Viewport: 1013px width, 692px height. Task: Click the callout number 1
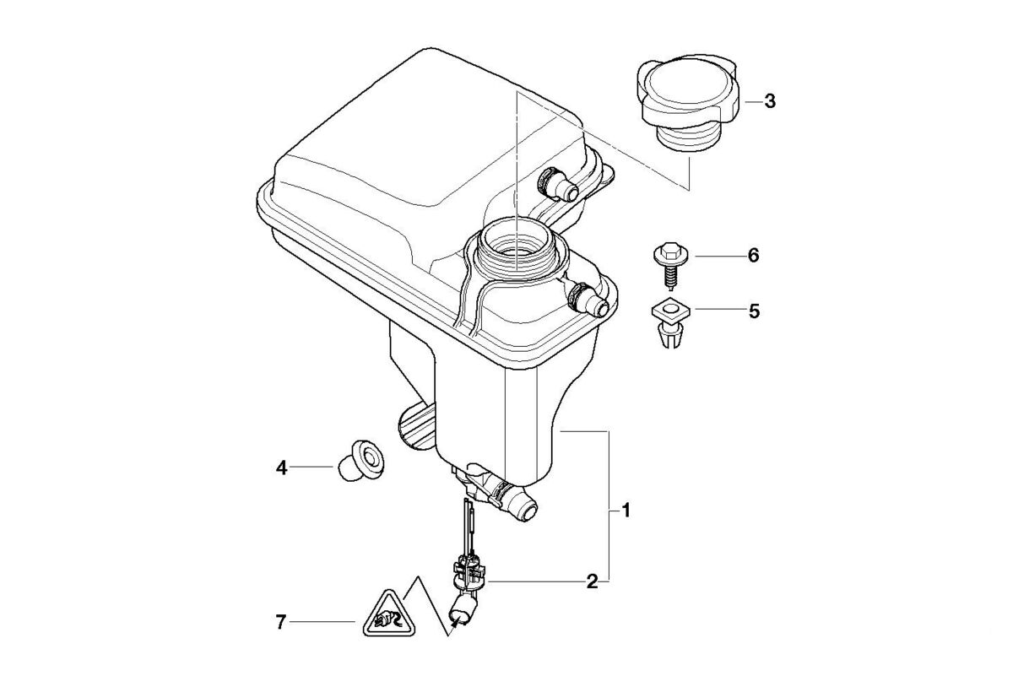point(626,511)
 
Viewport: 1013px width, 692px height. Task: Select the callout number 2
point(593,581)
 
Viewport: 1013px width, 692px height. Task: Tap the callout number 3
point(769,101)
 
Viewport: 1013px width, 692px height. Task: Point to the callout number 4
point(282,466)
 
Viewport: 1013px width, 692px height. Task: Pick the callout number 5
point(754,311)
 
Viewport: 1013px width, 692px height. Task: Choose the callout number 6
point(754,254)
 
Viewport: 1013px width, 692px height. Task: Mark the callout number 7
point(282,623)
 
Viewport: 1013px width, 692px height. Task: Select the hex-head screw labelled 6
point(669,262)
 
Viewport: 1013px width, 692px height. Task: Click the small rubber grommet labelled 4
point(357,460)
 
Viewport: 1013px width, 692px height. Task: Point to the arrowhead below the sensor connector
point(456,624)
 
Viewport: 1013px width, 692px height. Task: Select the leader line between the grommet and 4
point(314,466)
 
